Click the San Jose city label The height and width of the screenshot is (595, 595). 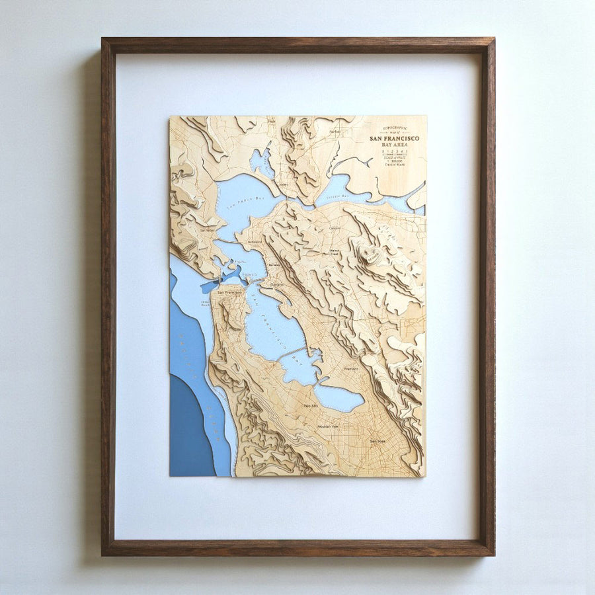(x=377, y=440)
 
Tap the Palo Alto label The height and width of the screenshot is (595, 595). (x=311, y=405)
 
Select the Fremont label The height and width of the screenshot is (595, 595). (x=350, y=369)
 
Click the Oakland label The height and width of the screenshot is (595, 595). (x=276, y=284)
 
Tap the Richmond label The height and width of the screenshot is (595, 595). (x=255, y=242)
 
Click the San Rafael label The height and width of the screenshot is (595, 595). (x=208, y=231)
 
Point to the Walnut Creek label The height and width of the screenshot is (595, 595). (x=335, y=253)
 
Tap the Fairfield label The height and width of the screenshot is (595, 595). (x=335, y=132)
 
